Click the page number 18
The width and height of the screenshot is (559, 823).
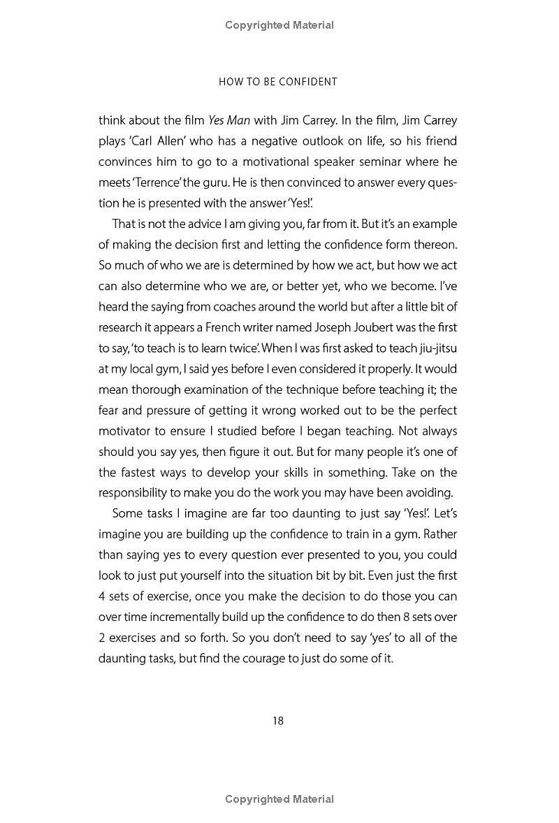click(278, 721)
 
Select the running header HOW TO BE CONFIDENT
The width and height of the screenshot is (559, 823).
click(278, 82)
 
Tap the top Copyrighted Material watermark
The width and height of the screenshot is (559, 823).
click(279, 25)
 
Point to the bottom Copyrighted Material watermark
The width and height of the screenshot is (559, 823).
click(279, 799)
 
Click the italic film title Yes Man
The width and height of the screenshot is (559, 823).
click(229, 120)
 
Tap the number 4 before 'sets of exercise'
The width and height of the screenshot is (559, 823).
click(102, 596)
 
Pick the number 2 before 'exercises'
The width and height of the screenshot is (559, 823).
click(102, 638)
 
